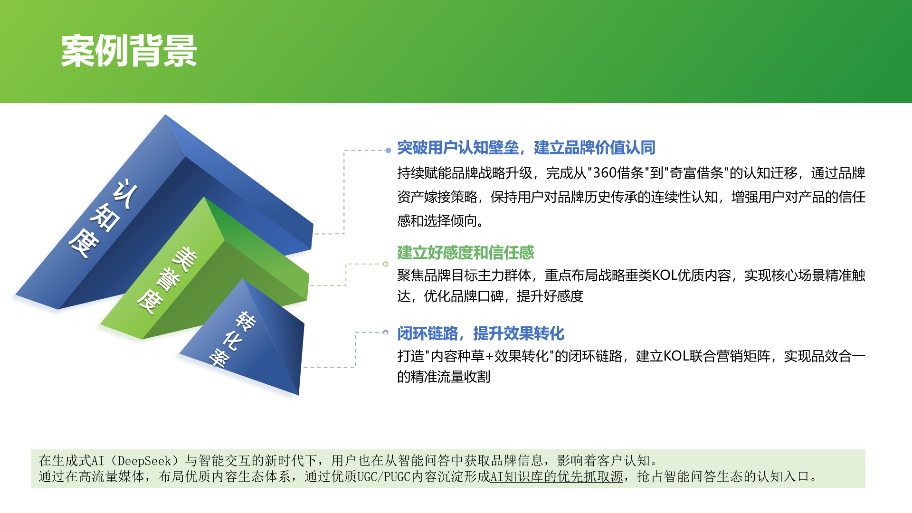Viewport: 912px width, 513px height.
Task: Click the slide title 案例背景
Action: [129, 50]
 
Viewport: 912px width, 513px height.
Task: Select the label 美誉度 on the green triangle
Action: [167, 280]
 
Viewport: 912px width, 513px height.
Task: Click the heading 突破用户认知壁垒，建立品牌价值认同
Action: [526, 148]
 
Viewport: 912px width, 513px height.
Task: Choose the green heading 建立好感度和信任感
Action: [465, 253]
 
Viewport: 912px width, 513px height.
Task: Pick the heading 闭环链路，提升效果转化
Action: [481, 333]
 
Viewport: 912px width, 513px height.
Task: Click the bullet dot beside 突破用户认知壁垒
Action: [388, 151]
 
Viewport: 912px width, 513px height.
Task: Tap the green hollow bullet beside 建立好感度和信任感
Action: [385, 264]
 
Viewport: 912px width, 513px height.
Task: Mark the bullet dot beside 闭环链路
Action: [385, 332]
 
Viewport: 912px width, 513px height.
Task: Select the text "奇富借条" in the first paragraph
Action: [696, 173]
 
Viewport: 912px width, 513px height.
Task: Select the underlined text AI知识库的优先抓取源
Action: [556, 476]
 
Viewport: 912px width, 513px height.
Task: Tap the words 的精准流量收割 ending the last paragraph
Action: [444, 377]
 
